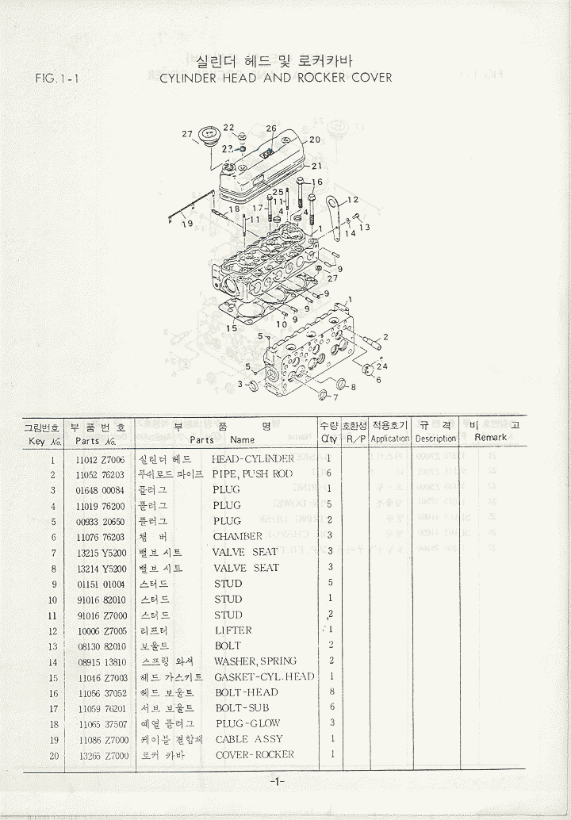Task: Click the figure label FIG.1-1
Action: coord(56,78)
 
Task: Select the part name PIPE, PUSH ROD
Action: coord(252,474)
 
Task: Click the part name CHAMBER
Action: coord(238,537)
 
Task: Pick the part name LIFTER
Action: coord(233,630)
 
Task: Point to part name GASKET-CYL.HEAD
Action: coord(264,677)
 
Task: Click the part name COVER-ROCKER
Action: coord(255,755)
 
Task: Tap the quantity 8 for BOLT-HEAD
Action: coord(331,692)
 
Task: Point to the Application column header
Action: coord(390,439)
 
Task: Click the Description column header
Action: coord(435,439)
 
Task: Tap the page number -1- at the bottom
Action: coord(277,783)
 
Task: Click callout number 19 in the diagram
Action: coord(187,224)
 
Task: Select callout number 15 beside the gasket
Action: coord(232,328)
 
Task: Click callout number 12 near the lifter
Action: coord(353,200)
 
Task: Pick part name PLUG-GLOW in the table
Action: coord(247,724)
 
